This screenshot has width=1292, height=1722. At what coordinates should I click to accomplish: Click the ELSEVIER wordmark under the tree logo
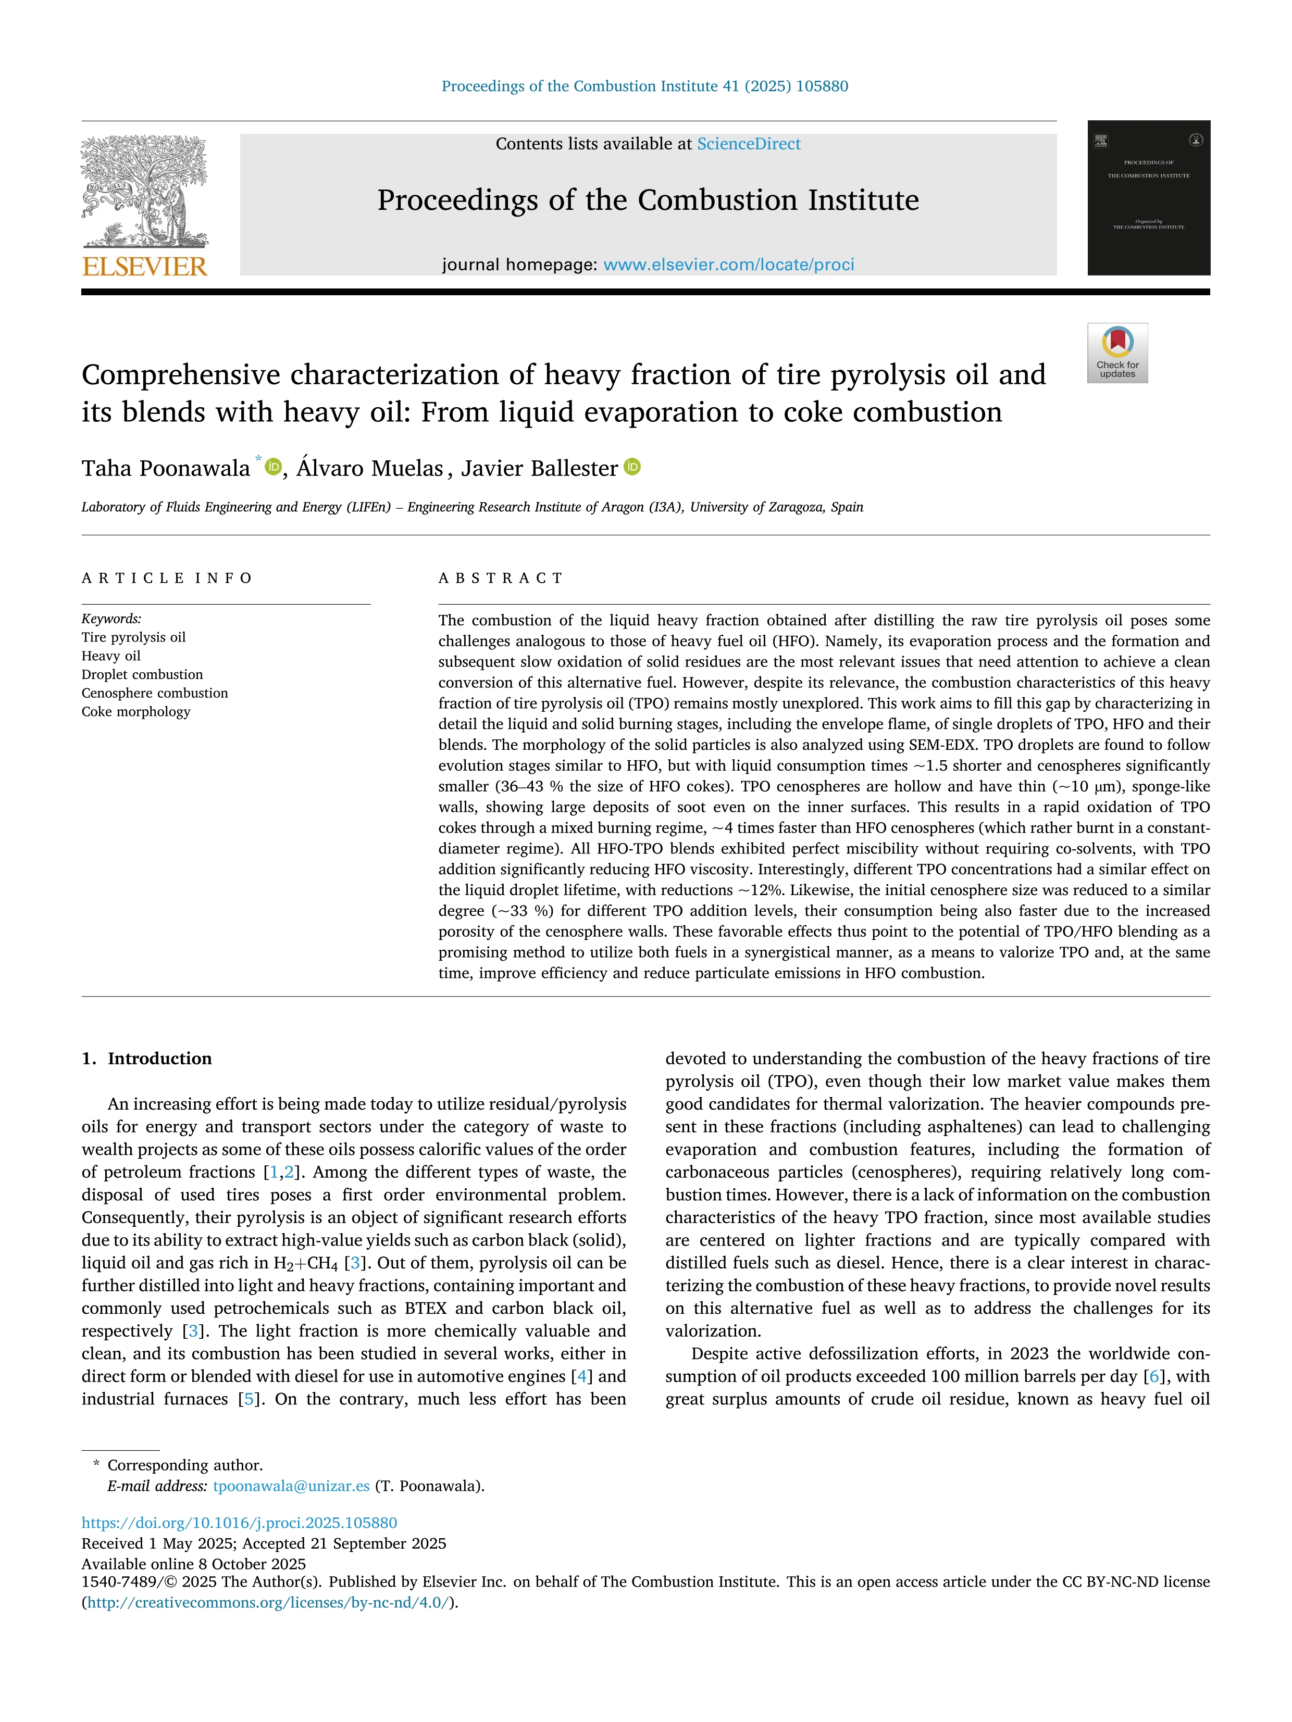(x=145, y=267)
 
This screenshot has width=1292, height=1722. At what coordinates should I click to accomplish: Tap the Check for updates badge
(x=1117, y=353)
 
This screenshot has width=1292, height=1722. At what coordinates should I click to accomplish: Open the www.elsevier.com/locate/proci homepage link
(x=728, y=265)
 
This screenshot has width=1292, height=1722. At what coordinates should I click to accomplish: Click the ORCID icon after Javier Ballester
(x=632, y=467)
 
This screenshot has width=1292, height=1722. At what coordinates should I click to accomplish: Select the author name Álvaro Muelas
(x=370, y=469)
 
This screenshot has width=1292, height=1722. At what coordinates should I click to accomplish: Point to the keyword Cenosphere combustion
(x=155, y=693)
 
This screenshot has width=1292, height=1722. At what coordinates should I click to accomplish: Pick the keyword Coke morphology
(x=136, y=711)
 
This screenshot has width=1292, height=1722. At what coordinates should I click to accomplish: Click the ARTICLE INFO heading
(x=167, y=577)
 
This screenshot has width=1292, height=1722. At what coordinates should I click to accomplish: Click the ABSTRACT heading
(x=501, y=577)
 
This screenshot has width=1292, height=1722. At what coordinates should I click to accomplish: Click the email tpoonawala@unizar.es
(x=291, y=1486)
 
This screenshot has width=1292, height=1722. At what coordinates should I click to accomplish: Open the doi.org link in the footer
(x=240, y=1522)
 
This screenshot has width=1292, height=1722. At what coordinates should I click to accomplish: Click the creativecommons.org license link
(x=268, y=1602)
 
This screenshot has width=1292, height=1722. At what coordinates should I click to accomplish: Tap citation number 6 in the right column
(x=1154, y=1376)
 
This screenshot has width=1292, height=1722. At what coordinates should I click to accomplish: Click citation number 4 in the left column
(x=580, y=1376)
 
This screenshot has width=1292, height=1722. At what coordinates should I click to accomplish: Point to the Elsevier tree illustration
(x=145, y=191)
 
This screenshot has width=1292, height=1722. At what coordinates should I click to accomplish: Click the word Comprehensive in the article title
(x=181, y=375)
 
